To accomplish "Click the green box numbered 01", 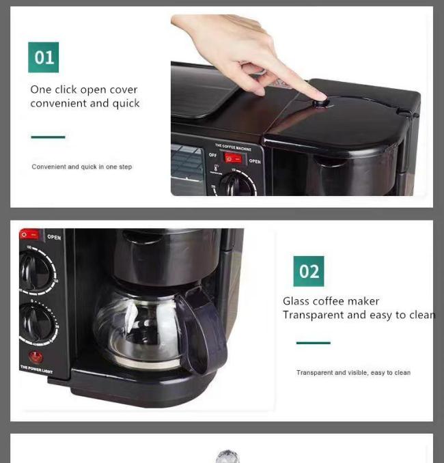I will [x=43, y=57].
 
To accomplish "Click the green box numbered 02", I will [x=309, y=271].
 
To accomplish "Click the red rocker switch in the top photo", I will [x=233, y=158].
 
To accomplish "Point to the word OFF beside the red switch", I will [x=212, y=155].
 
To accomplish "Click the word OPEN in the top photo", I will [x=255, y=161].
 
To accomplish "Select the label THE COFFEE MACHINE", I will [x=233, y=147].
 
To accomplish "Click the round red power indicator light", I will [x=36, y=356].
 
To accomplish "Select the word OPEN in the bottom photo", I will [x=54, y=238].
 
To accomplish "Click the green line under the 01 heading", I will [x=48, y=137].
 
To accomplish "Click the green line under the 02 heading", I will [x=313, y=343].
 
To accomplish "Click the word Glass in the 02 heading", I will [x=296, y=301].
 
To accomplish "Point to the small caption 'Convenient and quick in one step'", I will [x=82, y=167].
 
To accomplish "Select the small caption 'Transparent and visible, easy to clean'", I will [x=353, y=373].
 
